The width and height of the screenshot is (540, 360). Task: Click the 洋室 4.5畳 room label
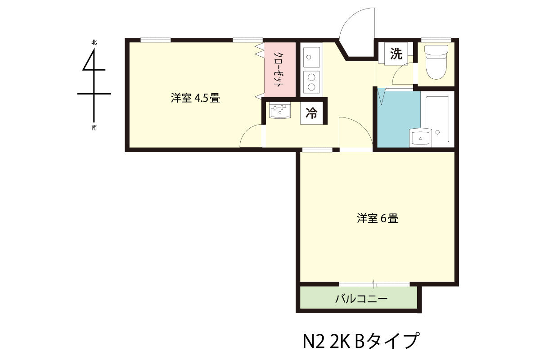click(x=195, y=98)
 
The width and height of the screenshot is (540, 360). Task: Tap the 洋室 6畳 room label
click(x=377, y=218)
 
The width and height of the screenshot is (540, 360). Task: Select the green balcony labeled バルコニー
click(x=359, y=297)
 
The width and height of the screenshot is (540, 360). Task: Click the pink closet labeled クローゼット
click(x=280, y=70)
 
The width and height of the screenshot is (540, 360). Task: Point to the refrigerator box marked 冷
click(x=311, y=113)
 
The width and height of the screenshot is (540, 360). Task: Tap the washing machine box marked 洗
click(x=396, y=54)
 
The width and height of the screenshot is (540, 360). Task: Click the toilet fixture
click(x=436, y=62)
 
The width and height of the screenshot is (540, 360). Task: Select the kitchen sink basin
click(x=311, y=57)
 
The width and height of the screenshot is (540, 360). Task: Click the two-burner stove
click(x=311, y=82)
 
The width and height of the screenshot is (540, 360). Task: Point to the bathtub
click(x=437, y=119)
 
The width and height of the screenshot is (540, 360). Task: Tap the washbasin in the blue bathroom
click(x=420, y=138)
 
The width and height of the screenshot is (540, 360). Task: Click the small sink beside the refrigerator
click(x=279, y=110)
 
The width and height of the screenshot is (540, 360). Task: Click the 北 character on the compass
click(x=94, y=42)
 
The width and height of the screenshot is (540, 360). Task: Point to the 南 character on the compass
click(x=94, y=128)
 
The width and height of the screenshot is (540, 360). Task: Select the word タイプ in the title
click(x=393, y=341)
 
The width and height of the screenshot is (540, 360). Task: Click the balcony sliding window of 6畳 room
click(x=374, y=284)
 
